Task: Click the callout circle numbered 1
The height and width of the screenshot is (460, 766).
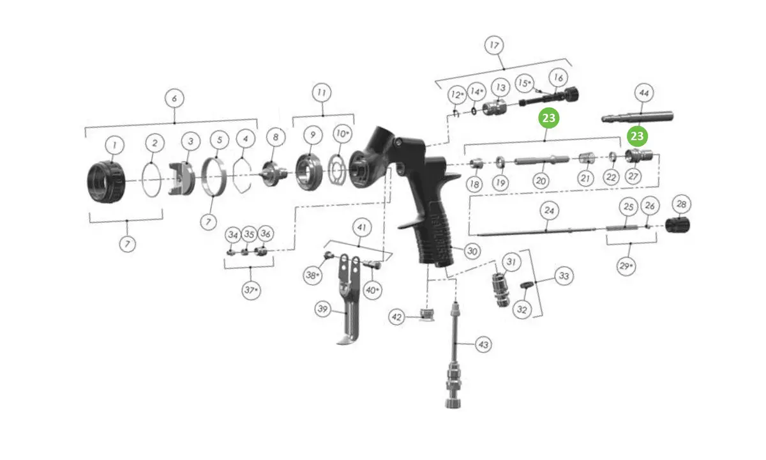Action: (114, 145)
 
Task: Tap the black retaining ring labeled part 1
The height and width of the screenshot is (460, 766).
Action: (106, 182)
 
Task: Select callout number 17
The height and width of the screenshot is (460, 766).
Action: (494, 45)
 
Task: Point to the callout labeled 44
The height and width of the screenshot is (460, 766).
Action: (644, 93)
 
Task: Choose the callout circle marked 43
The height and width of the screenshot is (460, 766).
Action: (484, 344)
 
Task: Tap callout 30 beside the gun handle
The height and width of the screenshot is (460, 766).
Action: (472, 251)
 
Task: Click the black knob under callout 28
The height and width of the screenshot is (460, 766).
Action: (677, 225)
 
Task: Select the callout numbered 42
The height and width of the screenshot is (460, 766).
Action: (396, 317)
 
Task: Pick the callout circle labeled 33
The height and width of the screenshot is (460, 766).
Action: (564, 276)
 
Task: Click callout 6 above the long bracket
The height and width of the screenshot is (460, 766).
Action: (174, 98)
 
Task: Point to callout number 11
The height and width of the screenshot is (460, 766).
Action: (322, 93)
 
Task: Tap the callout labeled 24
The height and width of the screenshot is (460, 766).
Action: (549, 210)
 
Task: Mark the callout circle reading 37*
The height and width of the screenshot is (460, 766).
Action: (251, 290)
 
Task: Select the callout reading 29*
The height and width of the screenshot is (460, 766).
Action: (626, 266)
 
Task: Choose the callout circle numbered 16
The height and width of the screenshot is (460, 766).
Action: (558, 78)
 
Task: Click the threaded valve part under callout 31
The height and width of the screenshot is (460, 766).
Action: (500, 289)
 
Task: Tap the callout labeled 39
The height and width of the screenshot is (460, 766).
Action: (323, 309)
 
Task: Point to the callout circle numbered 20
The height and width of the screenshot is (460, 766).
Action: (541, 180)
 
